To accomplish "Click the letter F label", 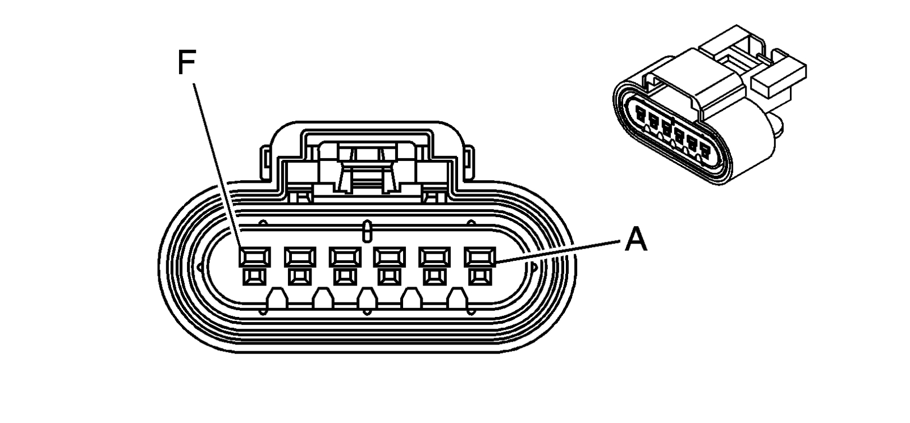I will click(187, 63).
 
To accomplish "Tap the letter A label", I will click(636, 241).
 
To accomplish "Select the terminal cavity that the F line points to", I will click(254, 257).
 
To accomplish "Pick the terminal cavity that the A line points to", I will click(479, 257).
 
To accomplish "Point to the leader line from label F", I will click(219, 168).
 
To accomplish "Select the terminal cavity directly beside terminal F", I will click(299, 257).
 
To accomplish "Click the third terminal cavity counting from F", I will click(344, 257).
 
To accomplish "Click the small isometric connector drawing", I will click(710, 107).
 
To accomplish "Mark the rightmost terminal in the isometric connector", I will click(704, 147).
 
